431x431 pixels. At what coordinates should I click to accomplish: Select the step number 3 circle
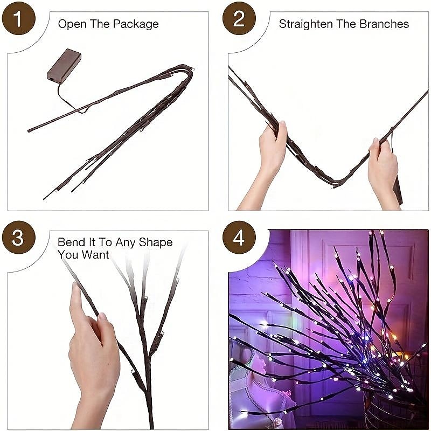click(18, 237)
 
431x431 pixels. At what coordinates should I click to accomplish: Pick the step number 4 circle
click(239, 237)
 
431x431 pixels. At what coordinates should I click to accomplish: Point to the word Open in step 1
click(70, 24)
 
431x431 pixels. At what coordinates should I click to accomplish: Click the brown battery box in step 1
click(64, 66)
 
